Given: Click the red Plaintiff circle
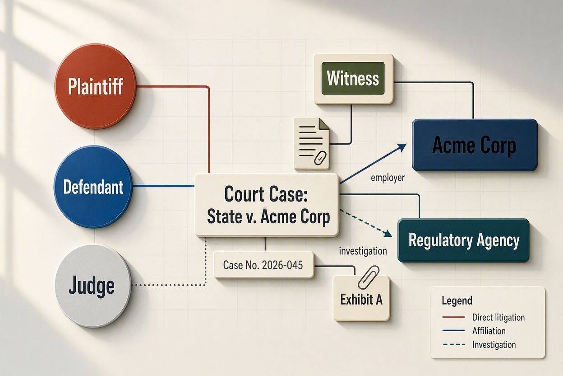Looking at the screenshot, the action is pyautogui.click(x=96, y=86).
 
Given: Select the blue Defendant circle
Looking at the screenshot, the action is pyautogui.click(x=93, y=187).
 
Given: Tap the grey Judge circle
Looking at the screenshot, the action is pyautogui.click(x=93, y=286).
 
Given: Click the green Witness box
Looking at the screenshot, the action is pyautogui.click(x=353, y=79).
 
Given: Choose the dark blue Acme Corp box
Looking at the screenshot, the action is pyautogui.click(x=475, y=145).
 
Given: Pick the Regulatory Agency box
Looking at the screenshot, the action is pyautogui.click(x=463, y=240).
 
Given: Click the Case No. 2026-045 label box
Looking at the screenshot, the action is pyautogui.click(x=263, y=265).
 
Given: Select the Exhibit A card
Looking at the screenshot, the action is pyautogui.click(x=361, y=299).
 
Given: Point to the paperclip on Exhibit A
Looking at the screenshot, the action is pyautogui.click(x=369, y=277).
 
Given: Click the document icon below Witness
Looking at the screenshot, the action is pyautogui.click(x=311, y=144).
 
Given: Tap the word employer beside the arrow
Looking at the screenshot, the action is pyautogui.click(x=388, y=178).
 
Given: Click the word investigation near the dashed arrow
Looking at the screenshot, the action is pyautogui.click(x=363, y=251).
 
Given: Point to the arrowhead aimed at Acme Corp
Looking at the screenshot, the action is pyautogui.click(x=401, y=147).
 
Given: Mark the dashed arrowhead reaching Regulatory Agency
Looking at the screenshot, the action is pyautogui.click(x=388, y=233).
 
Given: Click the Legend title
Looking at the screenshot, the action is pyautogui.click(x=457, y=301).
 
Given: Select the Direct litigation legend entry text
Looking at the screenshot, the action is pyautogui.click(x=498, y=317).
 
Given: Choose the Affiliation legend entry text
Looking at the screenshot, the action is pyautogui.click(x=489, y=331).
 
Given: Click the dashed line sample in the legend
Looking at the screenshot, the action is pyautogui.click(x=454, y=344).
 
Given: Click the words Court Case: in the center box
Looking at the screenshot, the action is pyautogui.click(x=266, y=194).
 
